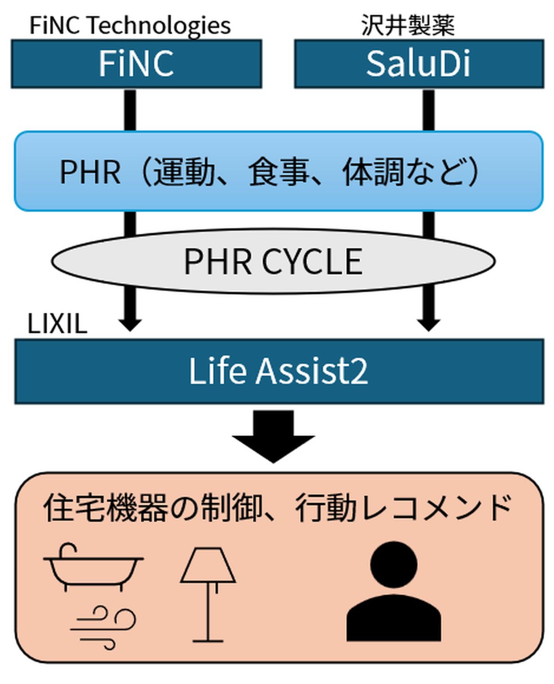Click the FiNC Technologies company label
pos(130,25)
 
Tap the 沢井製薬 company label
pos(408,25)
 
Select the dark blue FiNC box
pos(136,64)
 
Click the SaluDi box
pos(419,64)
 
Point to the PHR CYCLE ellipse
pos(273,262)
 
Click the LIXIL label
pos(57,324)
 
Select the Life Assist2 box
pos(279,371)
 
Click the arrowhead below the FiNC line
pos(130,323)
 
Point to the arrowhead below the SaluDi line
pos(428,323)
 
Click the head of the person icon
pos(394,565)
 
